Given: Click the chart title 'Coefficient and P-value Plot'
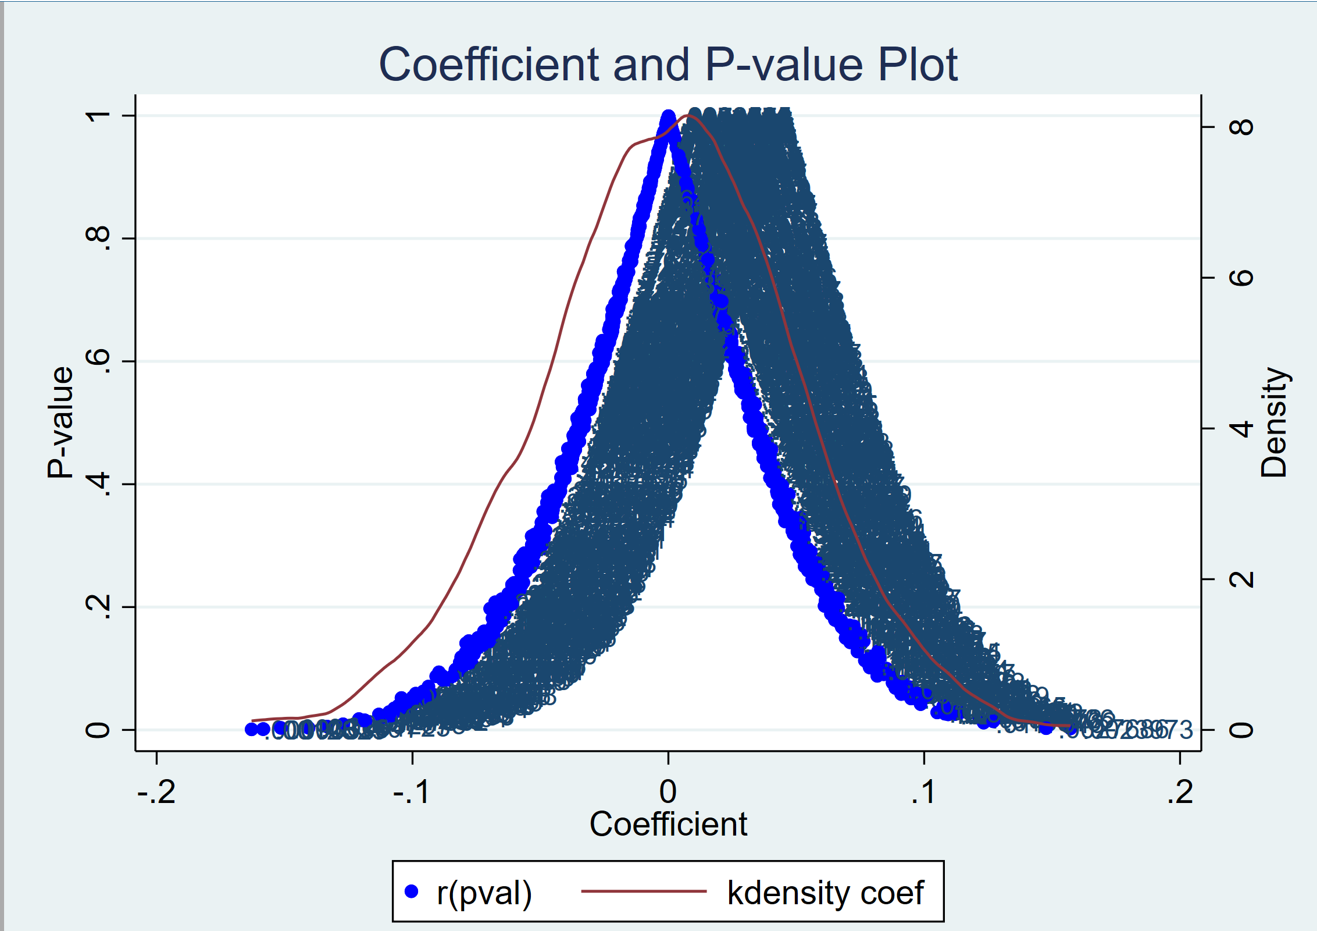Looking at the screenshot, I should [668, 64].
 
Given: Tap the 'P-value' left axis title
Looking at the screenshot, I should [60, 422].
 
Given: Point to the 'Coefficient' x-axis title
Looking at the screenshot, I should [668, 824].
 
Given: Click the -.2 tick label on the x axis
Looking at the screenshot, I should [156, 792].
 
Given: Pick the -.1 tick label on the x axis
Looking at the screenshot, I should [412, 792].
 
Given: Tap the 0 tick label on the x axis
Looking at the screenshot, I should [668, 792].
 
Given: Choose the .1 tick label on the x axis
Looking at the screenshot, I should [923, 792].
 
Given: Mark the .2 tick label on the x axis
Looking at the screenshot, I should [1180, 792].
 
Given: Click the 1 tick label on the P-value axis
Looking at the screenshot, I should [98, 115].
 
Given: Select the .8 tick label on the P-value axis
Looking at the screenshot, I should [98, 238].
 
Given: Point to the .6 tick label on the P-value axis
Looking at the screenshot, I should [98, 361].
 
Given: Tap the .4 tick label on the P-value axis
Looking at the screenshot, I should [98, 484].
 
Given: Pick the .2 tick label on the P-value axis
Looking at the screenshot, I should [98, 606].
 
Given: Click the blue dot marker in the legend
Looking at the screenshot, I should [412, 891].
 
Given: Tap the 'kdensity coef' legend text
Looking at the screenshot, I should [825, 893].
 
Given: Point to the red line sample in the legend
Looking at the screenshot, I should [643, 891].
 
